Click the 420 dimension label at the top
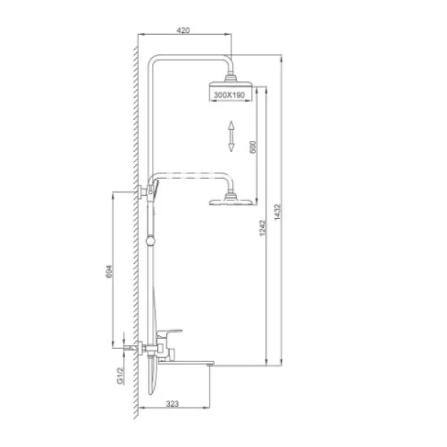[183, 31]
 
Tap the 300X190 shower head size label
[229, 95]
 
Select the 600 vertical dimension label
[253, 147]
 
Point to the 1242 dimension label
[262, 228]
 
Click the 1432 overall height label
[277, 212]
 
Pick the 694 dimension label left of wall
[110, 272]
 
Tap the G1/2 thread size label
[120, 375]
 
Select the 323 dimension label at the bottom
[172, 404]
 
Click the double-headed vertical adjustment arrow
[231, 136]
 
